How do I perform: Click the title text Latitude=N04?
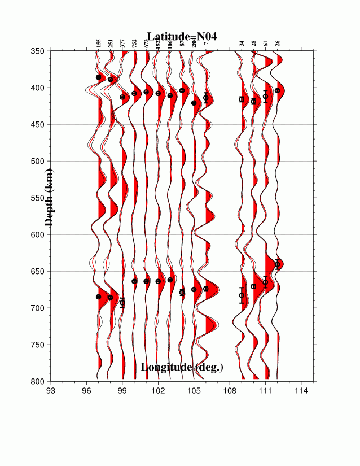182,36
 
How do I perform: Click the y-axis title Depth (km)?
49,197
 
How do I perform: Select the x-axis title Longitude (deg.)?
182,367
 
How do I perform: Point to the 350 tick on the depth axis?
39,51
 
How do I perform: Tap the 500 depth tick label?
39,162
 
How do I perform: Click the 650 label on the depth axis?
39,272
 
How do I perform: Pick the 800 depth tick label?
39,382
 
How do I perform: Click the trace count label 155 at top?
98,42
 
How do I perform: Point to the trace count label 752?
134,42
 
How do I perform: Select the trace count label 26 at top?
277,43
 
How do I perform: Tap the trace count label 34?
242,43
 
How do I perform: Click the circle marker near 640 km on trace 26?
277,264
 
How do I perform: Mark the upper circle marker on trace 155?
99,77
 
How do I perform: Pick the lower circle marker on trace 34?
242,295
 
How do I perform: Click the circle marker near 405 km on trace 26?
277,90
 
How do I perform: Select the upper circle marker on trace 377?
122,97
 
